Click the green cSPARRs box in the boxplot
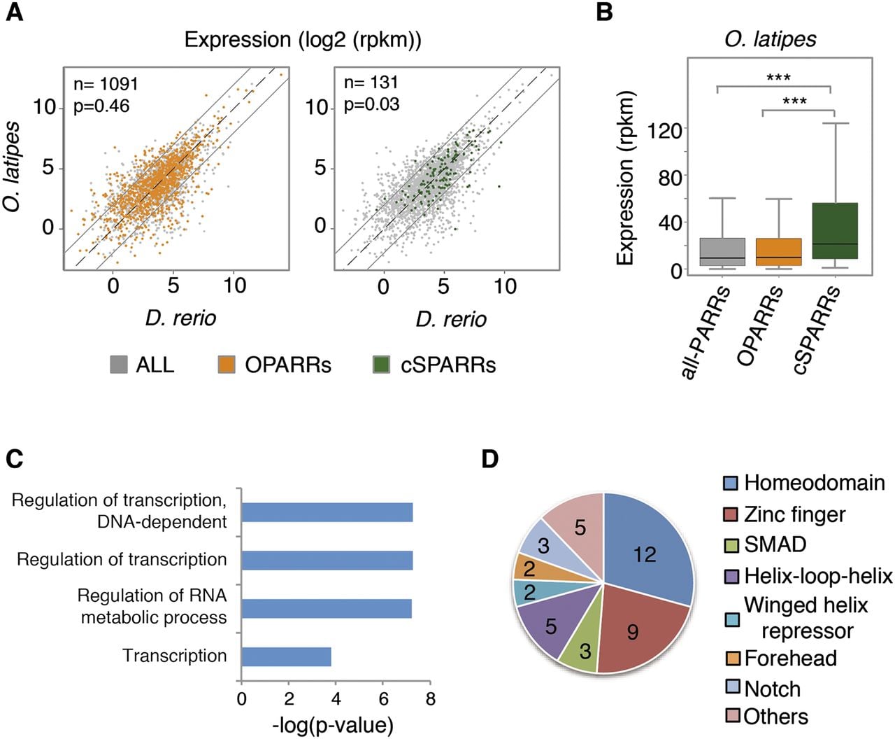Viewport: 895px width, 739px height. click(x=835, y=231)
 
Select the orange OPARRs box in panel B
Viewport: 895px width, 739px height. click(x=778, y=252)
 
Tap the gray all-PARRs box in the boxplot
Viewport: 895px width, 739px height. click(x=722, y=252)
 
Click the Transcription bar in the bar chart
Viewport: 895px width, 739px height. click(x=287, y=656)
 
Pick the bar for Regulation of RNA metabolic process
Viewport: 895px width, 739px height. click(x=327, y=609)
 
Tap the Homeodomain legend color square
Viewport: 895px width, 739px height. click(x=731, y=484)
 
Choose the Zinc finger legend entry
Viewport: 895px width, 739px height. click(x=785, y=514)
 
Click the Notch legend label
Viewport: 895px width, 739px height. click(x=773, y=689)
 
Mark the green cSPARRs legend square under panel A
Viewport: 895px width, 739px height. click(x=381, y=365)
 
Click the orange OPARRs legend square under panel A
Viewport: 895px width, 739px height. click(x=227, y=365)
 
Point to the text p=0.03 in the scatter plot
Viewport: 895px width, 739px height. click(x=371, y=105)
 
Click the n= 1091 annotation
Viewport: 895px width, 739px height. click(x=106, y=84)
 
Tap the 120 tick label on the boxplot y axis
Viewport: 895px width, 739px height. click(x=664, y=130)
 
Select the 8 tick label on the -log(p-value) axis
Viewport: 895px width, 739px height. click(x=431, y=699)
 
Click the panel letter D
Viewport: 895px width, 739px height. click(x=490, y=459)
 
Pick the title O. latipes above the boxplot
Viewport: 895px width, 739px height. click(x=770, y=39)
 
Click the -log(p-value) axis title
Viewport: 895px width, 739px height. click(x=333, y=726)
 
